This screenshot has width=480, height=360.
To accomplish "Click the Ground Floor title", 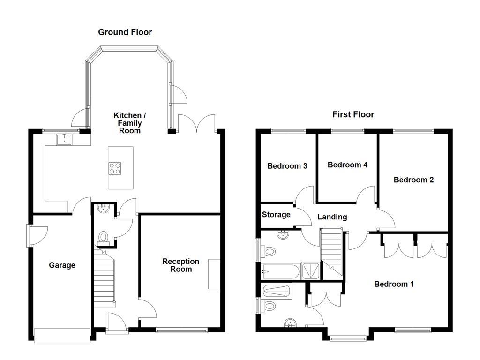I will coord(125,32).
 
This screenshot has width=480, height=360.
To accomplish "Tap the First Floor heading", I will coord(353,114).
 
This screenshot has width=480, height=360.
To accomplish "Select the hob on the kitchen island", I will coord(115,168).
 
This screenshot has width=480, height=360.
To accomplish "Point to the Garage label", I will coord(62,265).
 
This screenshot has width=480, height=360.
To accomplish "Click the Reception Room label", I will coord(180,265).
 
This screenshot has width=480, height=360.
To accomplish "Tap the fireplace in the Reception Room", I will coord(214,274).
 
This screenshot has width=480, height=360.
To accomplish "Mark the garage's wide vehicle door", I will coord(62,335).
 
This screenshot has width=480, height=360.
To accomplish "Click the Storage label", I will coord(276,215).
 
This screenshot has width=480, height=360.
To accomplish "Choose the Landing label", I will coord(332,217).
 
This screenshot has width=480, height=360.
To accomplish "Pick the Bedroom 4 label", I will coord(347,165).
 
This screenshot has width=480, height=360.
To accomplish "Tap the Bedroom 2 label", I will coord(413,180).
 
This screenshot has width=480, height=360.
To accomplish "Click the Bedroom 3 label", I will coord(287,166).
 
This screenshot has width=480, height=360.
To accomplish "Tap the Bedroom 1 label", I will coord(393,284).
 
